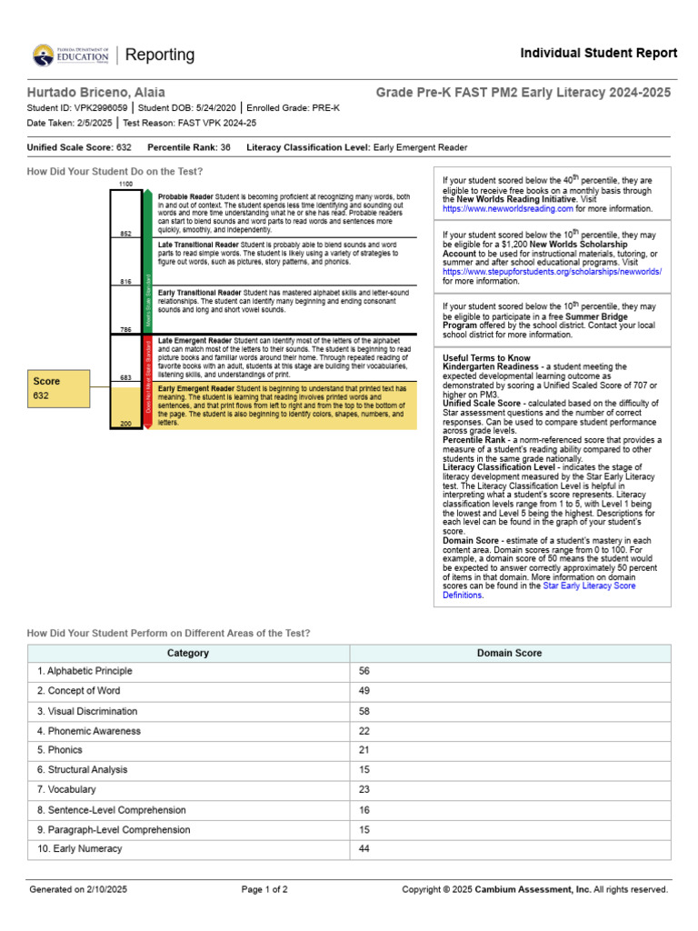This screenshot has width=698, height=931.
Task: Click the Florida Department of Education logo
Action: [x=70, y=55]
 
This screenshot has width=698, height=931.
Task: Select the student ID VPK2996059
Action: [x=102, y=107]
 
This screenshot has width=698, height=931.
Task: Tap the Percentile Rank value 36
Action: [x=225, y=146]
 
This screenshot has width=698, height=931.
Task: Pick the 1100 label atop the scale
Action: [x=125, y=185]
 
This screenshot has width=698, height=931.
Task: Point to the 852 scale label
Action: [x=125, y=234]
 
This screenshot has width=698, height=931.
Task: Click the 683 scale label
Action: [x=125, y=376]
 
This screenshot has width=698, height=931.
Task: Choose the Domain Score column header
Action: [x=509, y=653]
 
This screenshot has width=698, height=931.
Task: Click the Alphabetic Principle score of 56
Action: [x=364, y=671]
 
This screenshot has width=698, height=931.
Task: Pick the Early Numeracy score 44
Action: [x=364, y=849]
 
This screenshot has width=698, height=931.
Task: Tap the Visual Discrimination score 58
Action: [x=364, y=711]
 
